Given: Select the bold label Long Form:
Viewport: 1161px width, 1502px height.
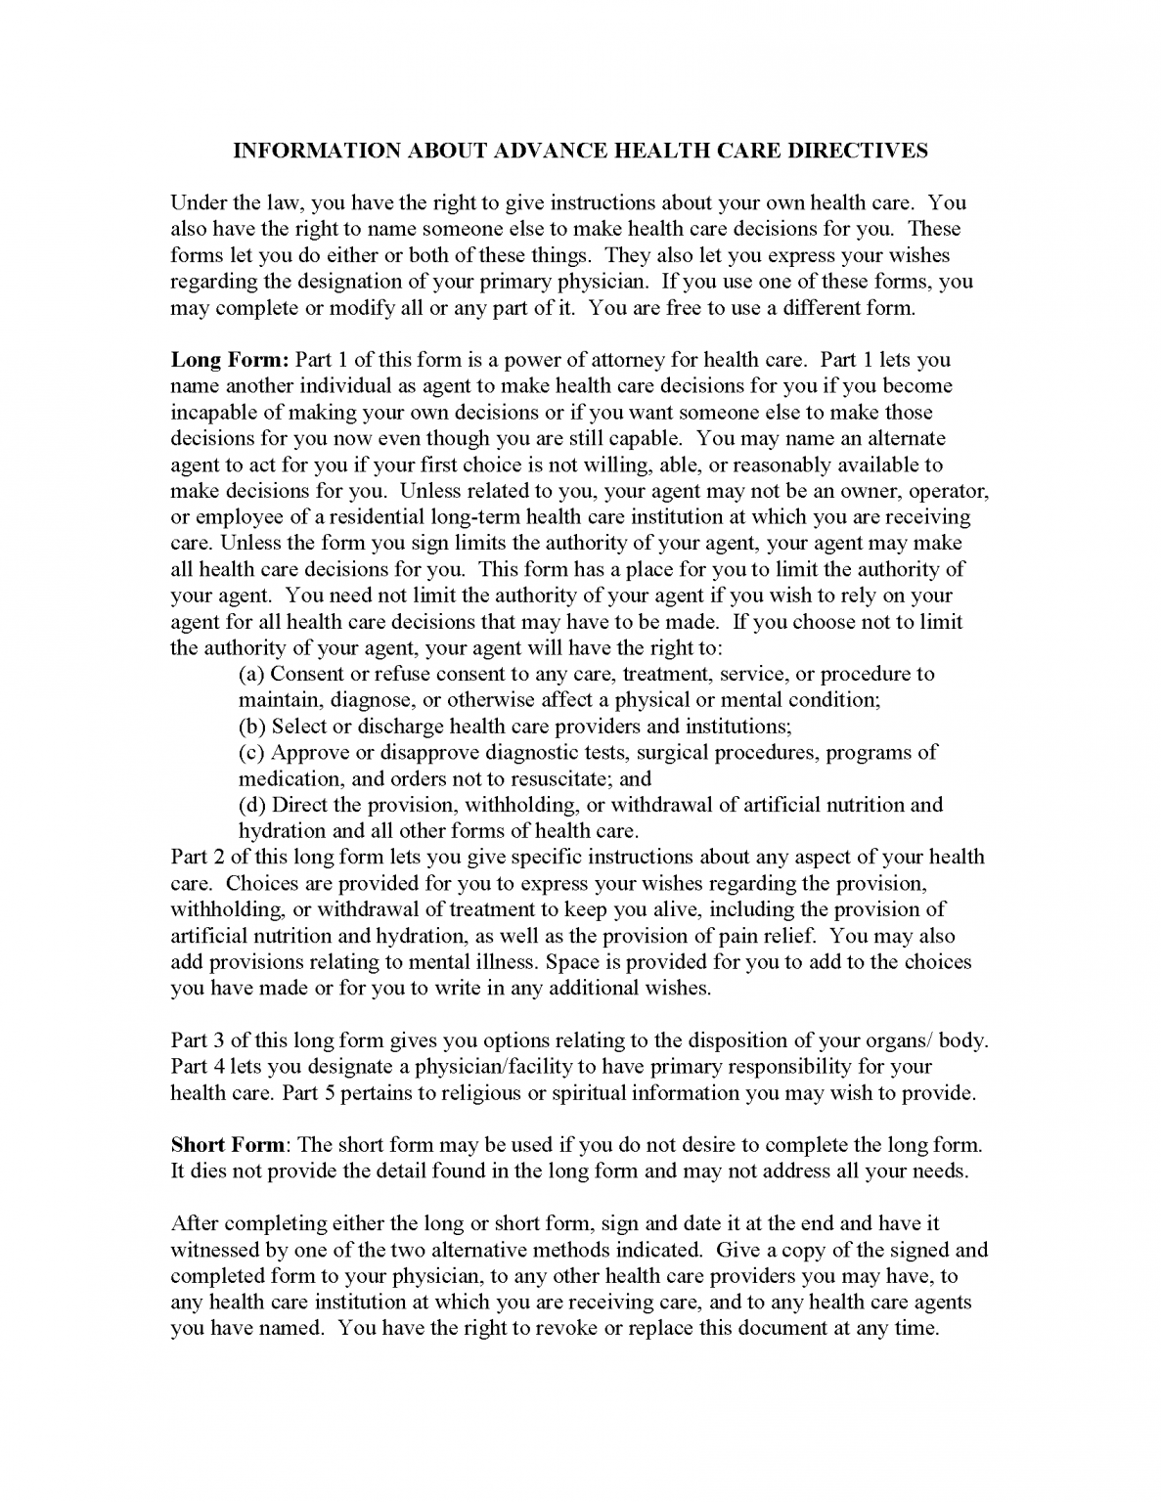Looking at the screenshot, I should click(230, 360).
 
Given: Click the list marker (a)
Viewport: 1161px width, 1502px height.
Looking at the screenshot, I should click(252, 674).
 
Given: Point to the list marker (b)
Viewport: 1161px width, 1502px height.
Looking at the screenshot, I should click(252, 727).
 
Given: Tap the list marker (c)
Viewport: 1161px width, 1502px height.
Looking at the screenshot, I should click(252, 752).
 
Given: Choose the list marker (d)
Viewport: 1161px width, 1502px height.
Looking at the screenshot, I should click(252, 805).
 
